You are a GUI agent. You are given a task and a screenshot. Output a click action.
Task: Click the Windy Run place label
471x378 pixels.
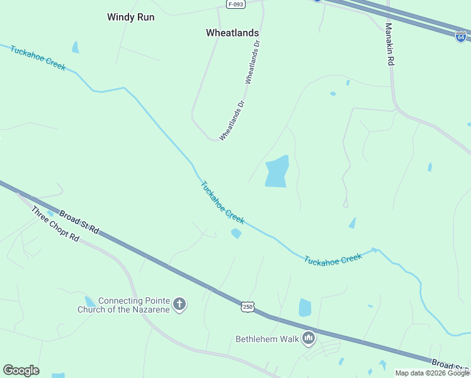click(x=130, y=17)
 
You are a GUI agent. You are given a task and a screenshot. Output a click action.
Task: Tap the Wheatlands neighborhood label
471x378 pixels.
click(x=233, y=32)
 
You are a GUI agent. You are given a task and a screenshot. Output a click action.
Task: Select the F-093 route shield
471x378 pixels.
click(x=235, y=4)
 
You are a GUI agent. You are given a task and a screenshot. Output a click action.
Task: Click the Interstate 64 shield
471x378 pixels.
click(x=461, y=37)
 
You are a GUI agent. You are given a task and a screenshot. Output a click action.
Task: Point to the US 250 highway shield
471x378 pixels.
click(x=247, y=307)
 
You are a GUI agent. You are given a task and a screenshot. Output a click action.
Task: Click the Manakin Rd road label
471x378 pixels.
click(x=389, y=45)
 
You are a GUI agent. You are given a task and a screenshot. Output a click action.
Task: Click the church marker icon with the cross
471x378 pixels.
click(x=179, y=305)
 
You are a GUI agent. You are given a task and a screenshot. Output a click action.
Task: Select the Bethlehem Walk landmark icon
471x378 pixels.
click(x=309, y=339)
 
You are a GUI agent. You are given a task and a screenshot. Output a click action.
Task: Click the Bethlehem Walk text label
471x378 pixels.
click(x=266, y=339)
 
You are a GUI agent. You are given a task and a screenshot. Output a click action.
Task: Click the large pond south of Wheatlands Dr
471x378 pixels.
click(x=277, y=171)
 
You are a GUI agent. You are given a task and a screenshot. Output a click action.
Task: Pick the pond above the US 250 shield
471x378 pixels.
click(x=236, y=234)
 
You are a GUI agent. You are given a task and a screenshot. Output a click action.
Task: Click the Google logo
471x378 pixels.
click(x=21, y=370)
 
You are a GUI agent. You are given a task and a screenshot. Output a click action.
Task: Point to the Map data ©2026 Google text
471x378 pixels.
click(x=432, y=373)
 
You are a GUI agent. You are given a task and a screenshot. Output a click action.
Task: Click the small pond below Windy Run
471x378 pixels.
click(x=76, y=47)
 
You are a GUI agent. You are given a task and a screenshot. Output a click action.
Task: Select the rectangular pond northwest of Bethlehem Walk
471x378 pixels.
click(x=305, y=307)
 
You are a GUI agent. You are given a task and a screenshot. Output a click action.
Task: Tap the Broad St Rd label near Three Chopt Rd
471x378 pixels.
click(x=79, y=222)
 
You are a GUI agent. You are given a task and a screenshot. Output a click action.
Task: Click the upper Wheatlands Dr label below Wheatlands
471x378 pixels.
click(x=253, y=62)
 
